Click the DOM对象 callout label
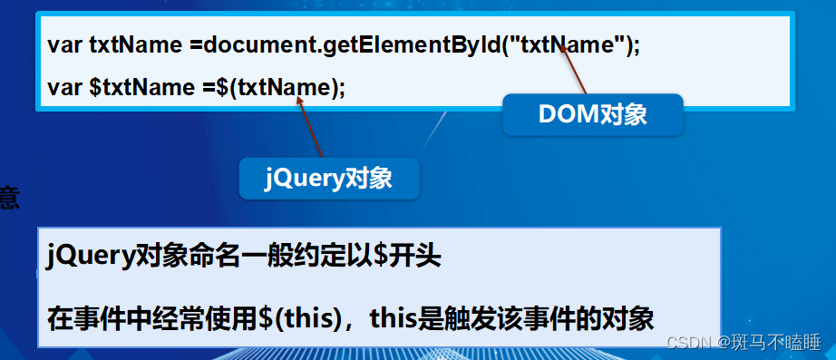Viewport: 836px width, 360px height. click(x=592, y=115)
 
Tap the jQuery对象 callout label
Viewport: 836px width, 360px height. click(x=328, y=179)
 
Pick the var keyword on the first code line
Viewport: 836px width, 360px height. click(x=65, y=44)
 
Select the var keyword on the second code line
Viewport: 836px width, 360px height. click(x=65, y=88)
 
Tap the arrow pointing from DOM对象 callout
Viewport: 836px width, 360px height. click(x=575, y=71)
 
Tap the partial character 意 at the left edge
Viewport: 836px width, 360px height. click(x=8, y=197)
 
